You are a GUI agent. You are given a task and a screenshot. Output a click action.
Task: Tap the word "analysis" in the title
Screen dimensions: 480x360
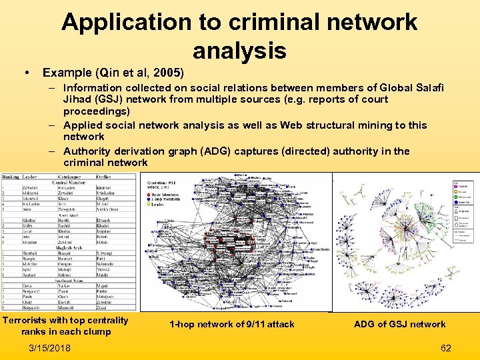(x=239, y=50)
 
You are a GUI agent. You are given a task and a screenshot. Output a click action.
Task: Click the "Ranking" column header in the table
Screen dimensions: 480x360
(x=11, y=177)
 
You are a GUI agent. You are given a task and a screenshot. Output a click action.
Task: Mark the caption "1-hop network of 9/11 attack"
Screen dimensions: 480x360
(x=231, y=325)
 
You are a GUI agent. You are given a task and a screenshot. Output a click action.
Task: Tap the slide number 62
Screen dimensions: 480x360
(x=446, y=347)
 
